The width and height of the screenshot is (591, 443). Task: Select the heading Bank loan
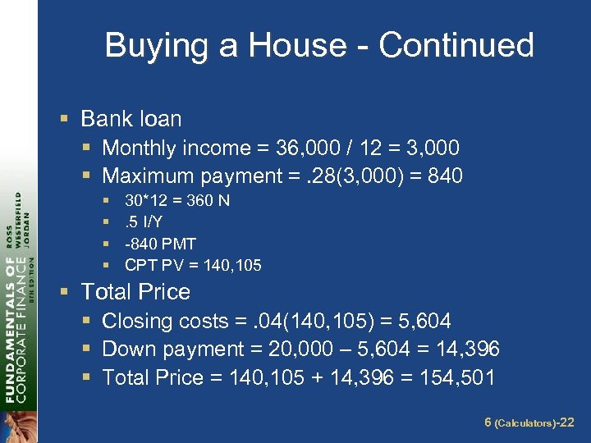131,119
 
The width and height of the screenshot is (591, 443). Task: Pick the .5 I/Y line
144,221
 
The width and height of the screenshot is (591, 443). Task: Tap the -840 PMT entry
160,244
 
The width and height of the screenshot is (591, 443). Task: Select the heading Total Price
135,292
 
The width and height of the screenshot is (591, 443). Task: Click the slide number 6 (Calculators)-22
529,422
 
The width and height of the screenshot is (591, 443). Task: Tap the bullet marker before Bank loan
65,120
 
